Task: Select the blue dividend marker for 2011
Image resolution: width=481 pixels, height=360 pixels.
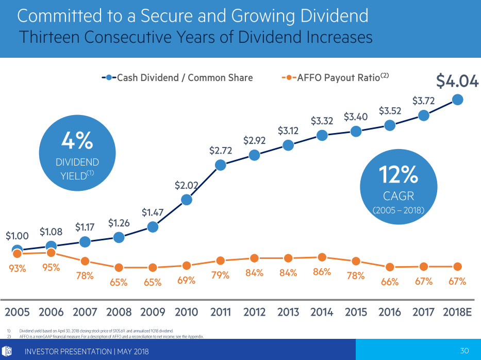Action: click(221, 165)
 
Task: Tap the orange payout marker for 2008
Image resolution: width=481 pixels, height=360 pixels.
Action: click(119, 267)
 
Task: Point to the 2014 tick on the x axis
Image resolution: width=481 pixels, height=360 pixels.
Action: click(322, 313)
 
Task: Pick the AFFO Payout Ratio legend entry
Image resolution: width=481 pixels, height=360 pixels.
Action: click(336, 78)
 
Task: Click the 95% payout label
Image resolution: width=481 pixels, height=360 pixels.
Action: click(51, 267)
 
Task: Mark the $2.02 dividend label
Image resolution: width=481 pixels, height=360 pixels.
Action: click(186, 185)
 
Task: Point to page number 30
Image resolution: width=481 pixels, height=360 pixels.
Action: click(464, 351)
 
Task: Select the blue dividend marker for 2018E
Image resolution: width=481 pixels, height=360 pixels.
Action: click(457, 100)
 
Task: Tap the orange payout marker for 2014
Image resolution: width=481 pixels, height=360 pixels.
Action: click(322, 257)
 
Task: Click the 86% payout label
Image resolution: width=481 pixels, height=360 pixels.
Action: click(322, 272)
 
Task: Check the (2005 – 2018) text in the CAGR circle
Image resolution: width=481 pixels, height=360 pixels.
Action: click(398, 210)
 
